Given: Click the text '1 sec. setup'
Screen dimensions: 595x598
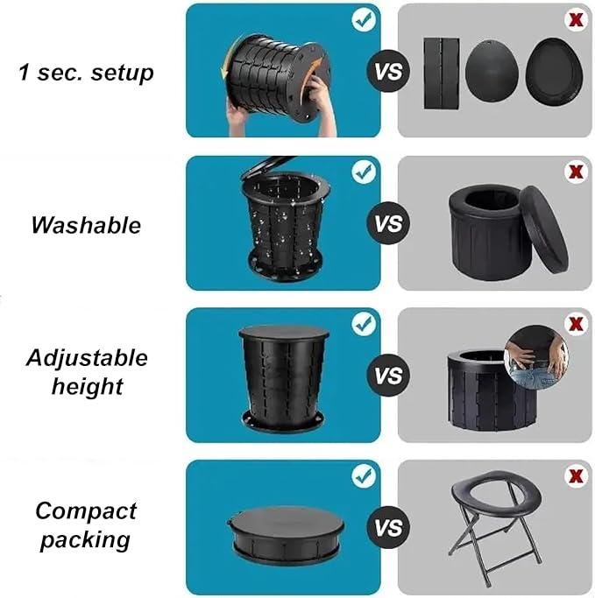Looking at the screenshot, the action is pyautogui.click(x=86, y=73).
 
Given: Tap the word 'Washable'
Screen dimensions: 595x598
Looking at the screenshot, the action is pyautogui.click(x=86, y=225).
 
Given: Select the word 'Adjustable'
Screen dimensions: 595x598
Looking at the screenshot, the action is pyautogui.click(x=87, y=359).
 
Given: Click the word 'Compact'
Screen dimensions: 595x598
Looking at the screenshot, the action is pyautogui.click(x=86, y=511).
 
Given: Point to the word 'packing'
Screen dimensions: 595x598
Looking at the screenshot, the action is pyautogui.click(x=86, y=540).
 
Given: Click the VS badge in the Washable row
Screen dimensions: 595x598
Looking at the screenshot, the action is pyautogui.click(x=388, y=223).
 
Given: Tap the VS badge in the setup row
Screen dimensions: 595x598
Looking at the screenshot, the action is pyautogui.click(x=388, y=71).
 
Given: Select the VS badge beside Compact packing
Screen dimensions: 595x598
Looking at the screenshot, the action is pyautogui.click(x=388, y=527).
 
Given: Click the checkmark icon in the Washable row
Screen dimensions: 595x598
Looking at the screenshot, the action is pyautogui.click(x=364, y=172).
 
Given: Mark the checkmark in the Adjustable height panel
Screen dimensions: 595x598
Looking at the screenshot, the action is pyautogui.click(x=364, y=324).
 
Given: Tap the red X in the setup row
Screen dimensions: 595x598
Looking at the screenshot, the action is pyautogui.click(x=576, y=19).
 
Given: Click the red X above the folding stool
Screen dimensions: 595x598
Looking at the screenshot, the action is pyautogui.click(x=576, y=476).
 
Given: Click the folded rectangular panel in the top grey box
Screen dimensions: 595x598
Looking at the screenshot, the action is pyautogui.click(x=442, y=74).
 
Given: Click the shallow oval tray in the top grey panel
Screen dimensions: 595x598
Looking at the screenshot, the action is pyautogui.click(x=555, y=70).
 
